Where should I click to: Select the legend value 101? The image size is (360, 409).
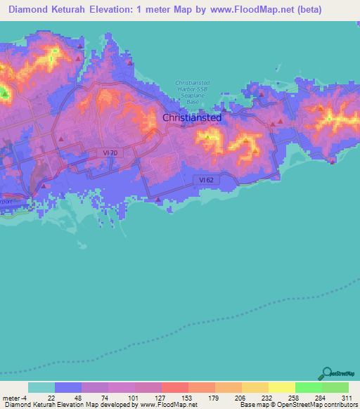point(132,398)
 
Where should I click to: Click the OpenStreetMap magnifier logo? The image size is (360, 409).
point(326,373)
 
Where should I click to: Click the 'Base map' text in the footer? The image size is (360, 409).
point(252,405)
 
